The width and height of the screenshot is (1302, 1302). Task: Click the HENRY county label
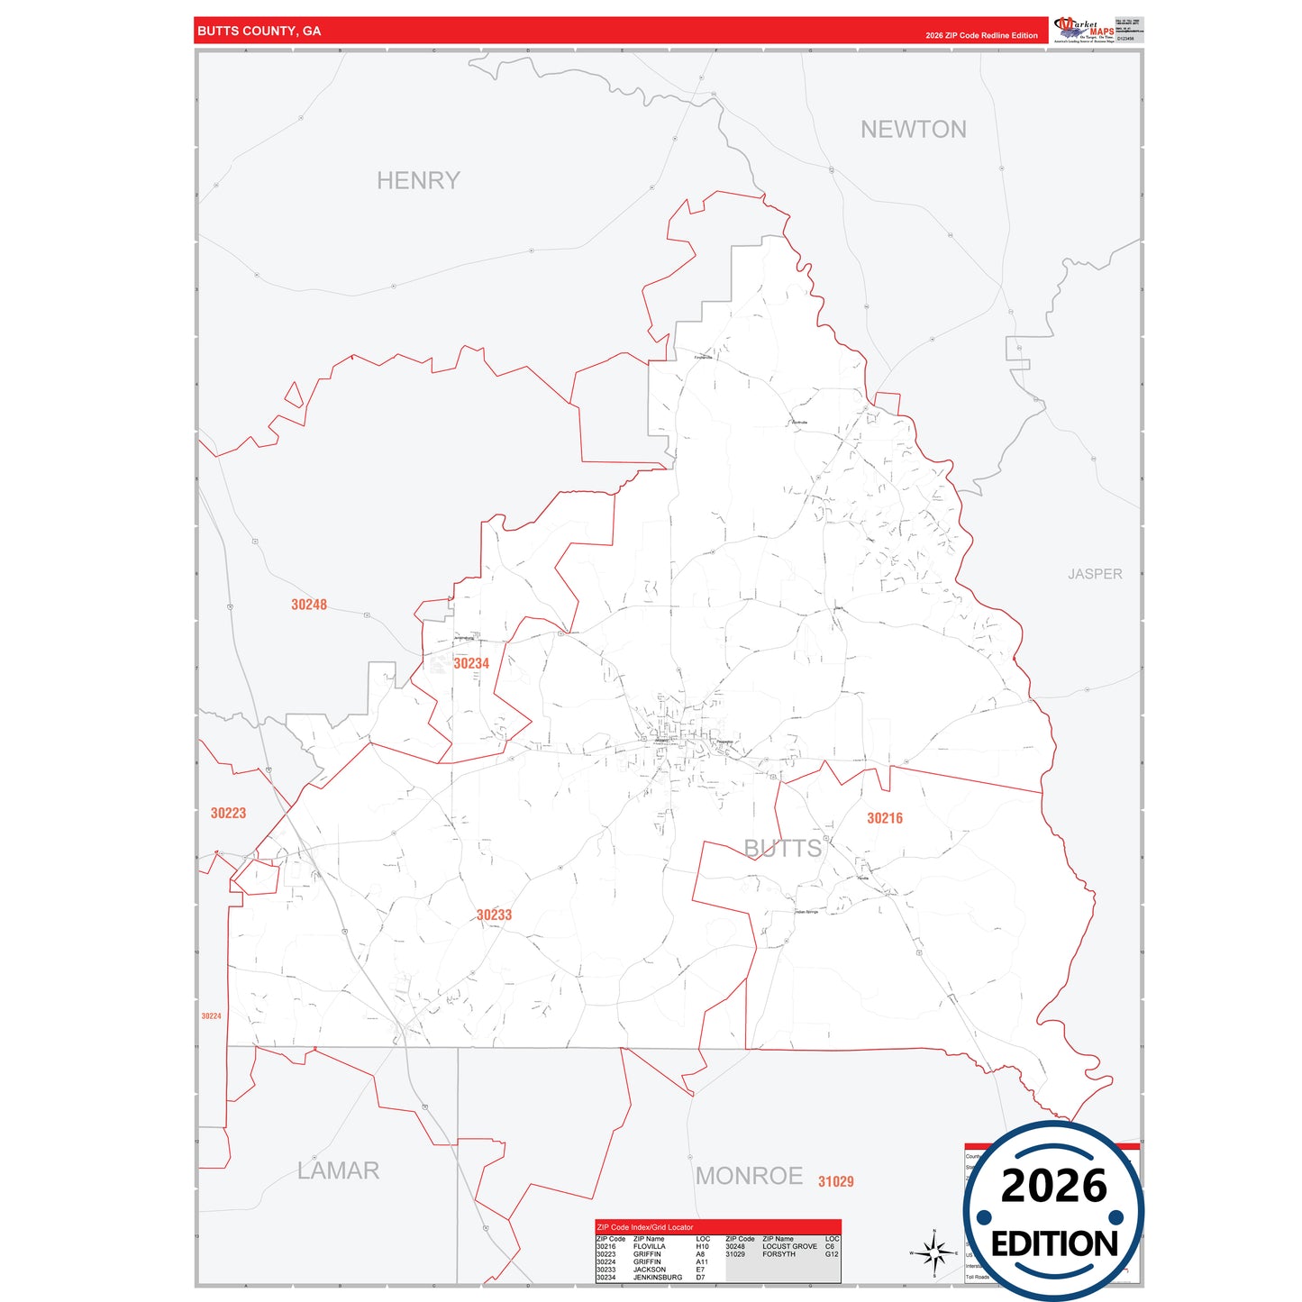[418, 181]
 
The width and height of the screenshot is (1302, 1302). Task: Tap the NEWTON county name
[913, 130]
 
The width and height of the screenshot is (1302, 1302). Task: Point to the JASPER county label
[1095, 574]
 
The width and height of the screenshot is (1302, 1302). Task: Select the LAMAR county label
[338, 1170]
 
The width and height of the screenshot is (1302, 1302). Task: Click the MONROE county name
[749, 1176]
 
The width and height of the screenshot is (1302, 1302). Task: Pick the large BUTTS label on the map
[782, 848]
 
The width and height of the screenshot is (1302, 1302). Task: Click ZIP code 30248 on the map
[309, 605]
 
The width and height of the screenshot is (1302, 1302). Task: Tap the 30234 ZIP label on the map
[471, 663]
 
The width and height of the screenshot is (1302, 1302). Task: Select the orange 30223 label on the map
[228, 813]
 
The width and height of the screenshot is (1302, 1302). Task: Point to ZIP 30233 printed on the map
[494, 915]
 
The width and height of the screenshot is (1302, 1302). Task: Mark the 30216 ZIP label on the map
[884, 818]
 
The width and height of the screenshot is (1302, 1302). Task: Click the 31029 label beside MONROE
[835, 1181]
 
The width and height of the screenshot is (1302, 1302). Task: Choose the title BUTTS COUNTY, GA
[259, 31]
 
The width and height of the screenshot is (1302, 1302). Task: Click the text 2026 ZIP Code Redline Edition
[981, 36]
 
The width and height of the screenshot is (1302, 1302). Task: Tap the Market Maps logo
[1084, 30]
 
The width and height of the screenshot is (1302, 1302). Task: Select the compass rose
[934, 1252]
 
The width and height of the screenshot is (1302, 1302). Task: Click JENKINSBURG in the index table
[657, 1277]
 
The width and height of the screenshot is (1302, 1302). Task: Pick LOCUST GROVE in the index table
[789, 1247]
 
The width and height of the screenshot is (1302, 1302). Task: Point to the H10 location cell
[702, 1247]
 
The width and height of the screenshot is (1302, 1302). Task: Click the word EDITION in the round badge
[1053, 1244]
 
